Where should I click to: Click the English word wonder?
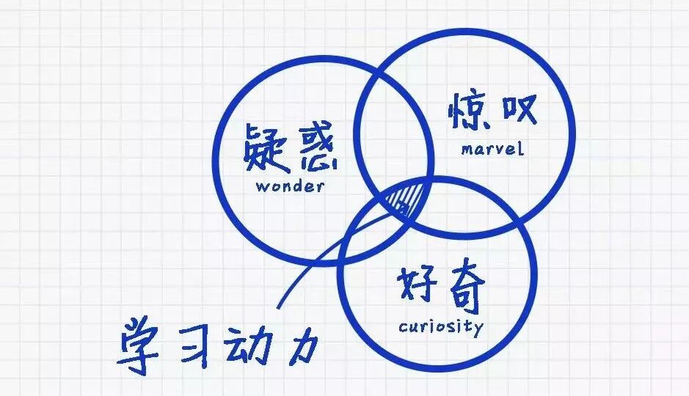pos(290,186)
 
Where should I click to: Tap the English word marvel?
pos(492,149)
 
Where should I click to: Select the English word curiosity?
pos(441,326)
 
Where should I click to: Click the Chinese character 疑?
pos(264,150)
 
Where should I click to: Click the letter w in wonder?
pos(262,186)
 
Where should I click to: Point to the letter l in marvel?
pos(521,148)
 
